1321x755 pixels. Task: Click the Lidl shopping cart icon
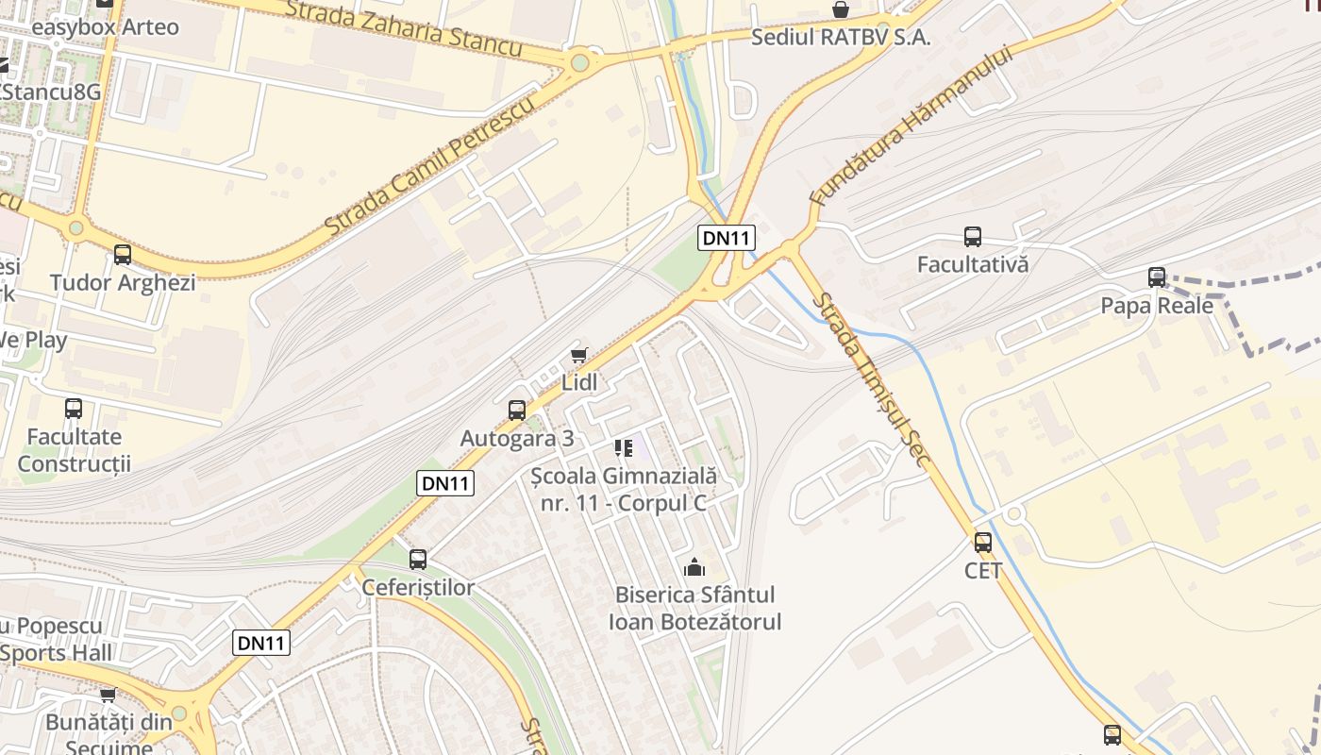(578, 356)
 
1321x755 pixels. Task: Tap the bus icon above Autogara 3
(516, 411)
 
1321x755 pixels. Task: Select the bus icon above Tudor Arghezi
(123, 255)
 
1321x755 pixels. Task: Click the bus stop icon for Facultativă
(972, 237)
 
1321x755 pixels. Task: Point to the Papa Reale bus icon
(1157, 277)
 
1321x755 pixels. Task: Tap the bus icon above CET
(982, 543)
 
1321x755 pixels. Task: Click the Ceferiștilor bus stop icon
(418, 560)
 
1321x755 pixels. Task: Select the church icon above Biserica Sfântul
(694, 567)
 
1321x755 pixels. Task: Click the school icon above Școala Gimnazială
(623, 447)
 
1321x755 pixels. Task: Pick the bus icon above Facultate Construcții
(74, 409)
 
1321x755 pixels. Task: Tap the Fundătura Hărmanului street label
(911, 126)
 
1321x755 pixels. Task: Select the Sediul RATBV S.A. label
(841, 38)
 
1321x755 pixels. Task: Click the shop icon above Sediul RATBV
(840, 10)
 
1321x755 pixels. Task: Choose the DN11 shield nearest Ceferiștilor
(261, 644)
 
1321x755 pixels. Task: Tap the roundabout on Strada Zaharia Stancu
(579, 63)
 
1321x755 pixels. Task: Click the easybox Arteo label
(105, 26)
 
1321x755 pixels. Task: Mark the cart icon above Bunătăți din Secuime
(108, 696)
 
